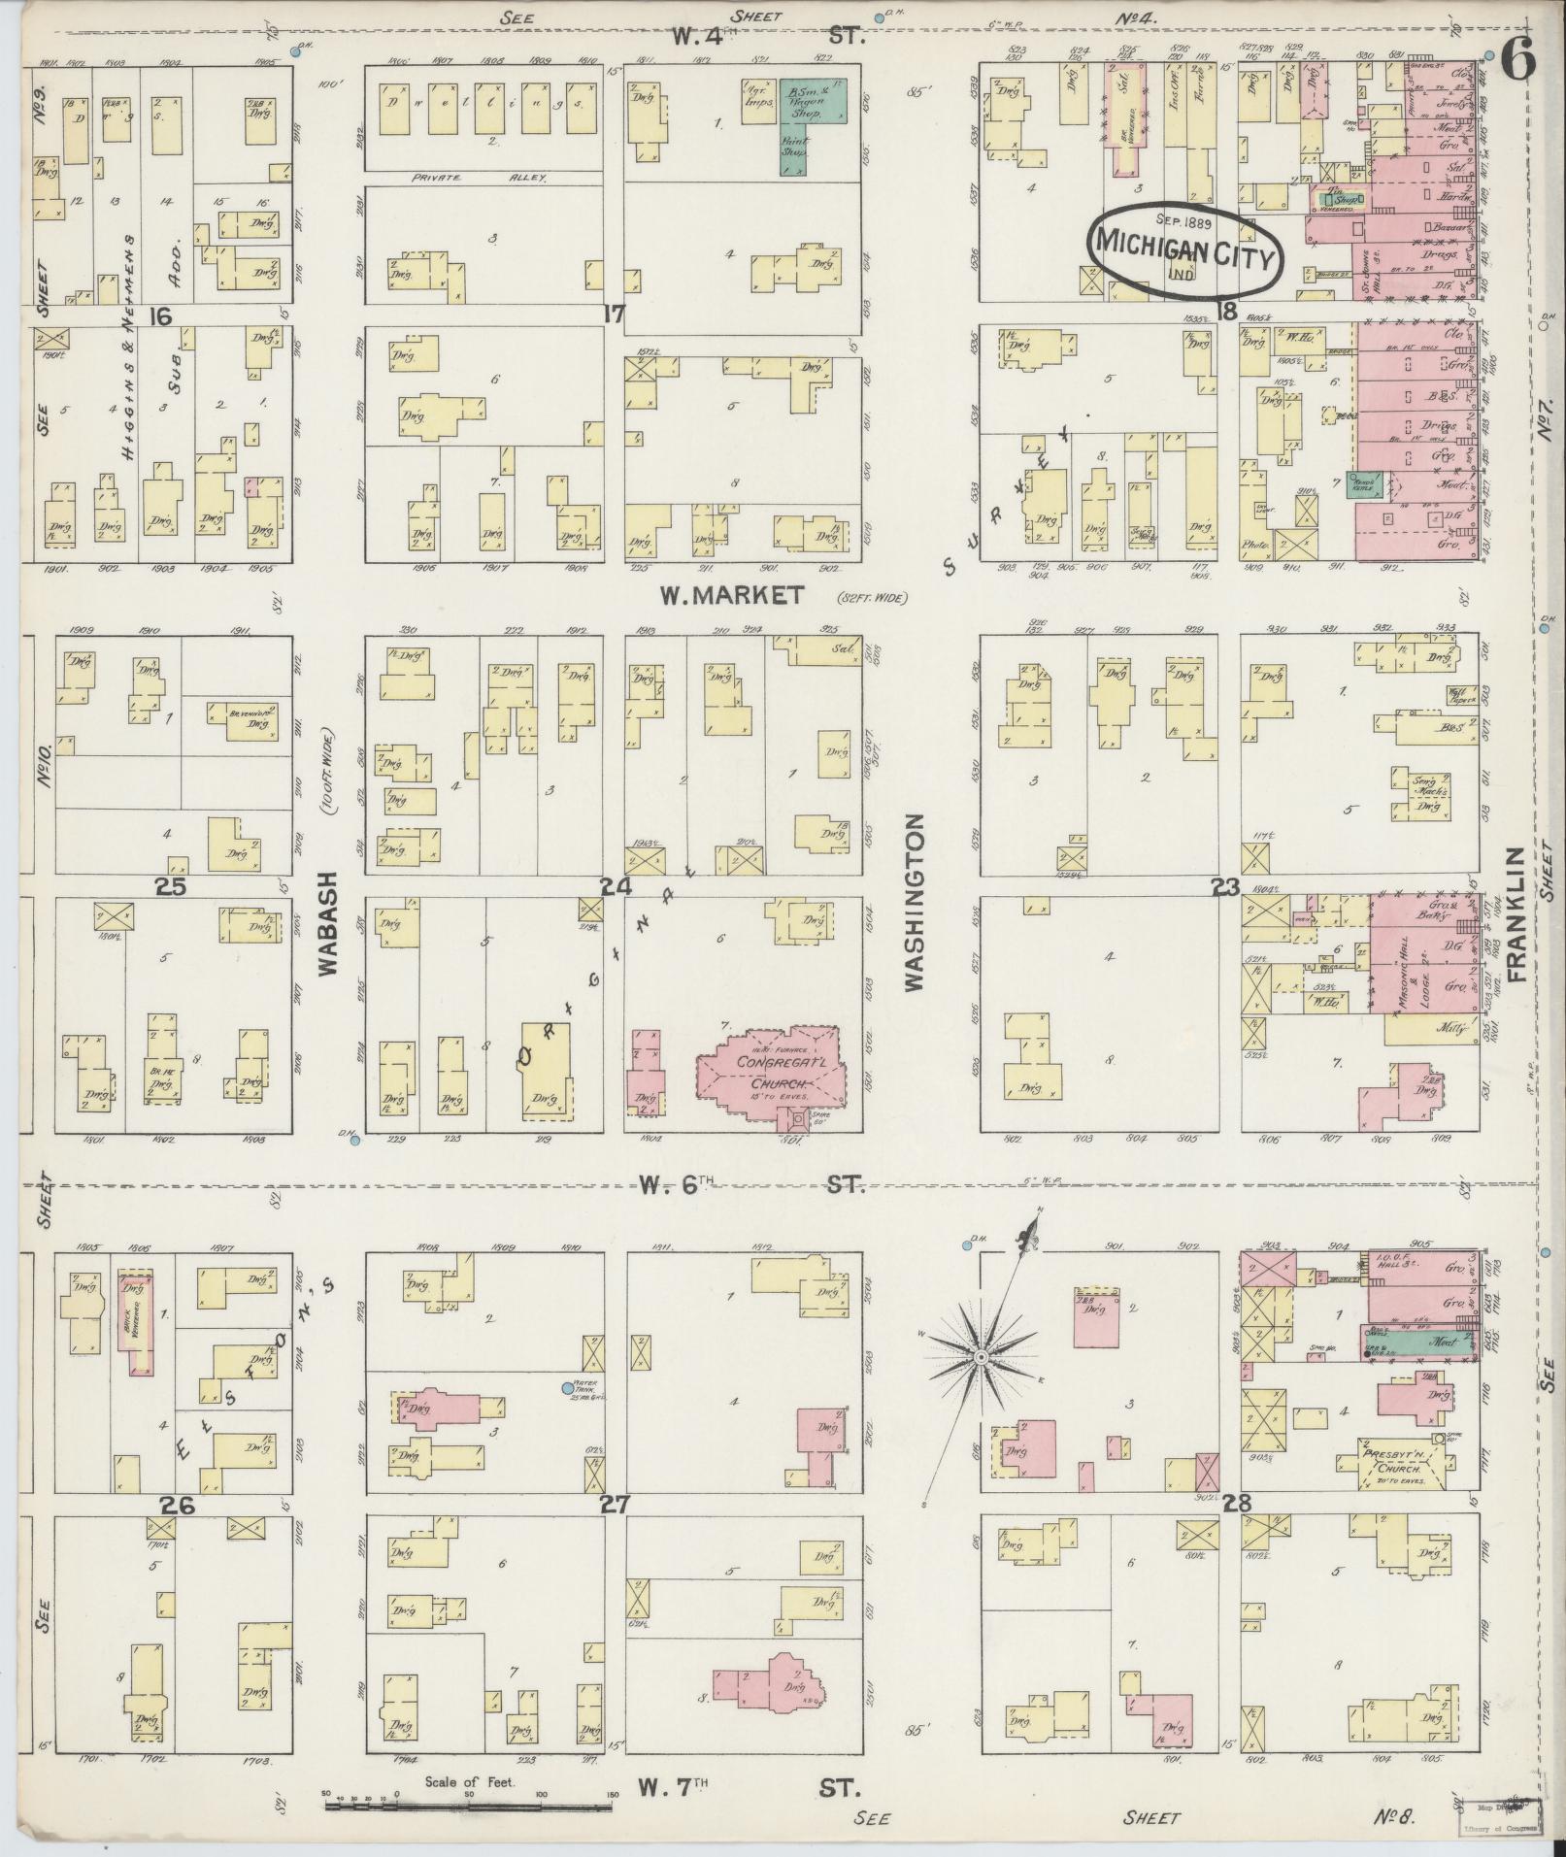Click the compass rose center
(983, 1355)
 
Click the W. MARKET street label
(732, 595)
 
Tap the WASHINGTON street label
(914, 903)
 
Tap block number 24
(616, 886)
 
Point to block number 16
(161, 315)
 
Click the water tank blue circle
(568, 1389)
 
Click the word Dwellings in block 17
(485, 102)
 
